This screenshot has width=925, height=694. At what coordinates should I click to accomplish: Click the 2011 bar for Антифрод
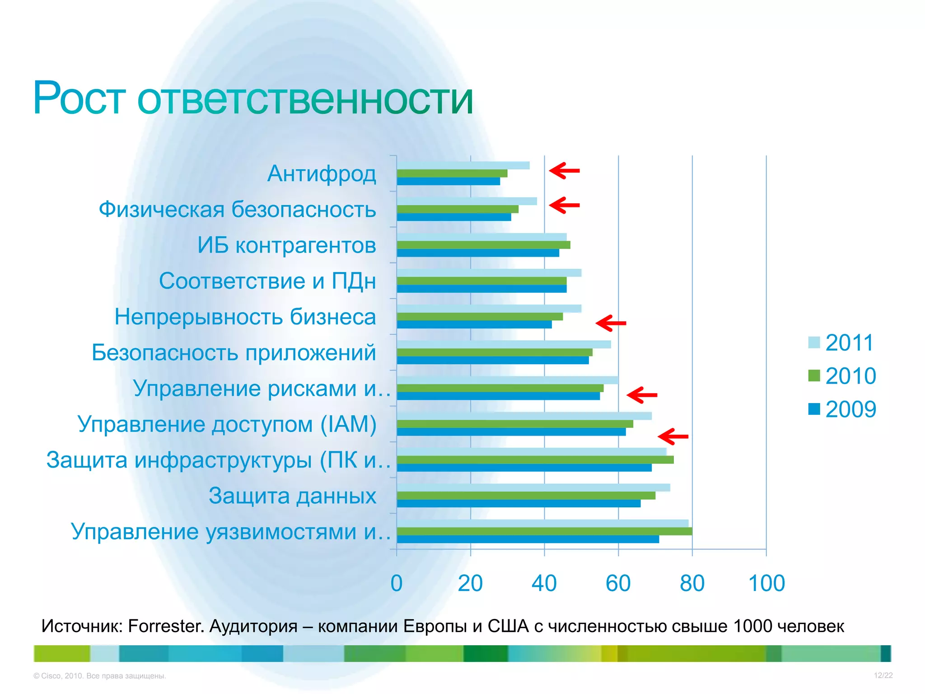pos(463,165)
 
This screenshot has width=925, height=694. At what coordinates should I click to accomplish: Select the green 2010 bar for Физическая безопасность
pos(458,209)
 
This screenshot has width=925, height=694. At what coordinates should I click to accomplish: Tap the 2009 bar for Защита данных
pos(519,503)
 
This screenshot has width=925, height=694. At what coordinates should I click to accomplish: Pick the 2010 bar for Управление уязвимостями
pos(544,531)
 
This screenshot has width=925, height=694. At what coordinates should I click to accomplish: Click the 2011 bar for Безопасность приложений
pos(504,344)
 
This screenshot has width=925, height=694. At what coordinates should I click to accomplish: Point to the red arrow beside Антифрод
pos(564,171)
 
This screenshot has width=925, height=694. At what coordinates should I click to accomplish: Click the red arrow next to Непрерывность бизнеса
pos(611,323)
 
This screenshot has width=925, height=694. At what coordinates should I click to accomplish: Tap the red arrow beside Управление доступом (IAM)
pos(673,436)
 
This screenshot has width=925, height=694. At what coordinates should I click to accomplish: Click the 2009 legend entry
pos(842,409)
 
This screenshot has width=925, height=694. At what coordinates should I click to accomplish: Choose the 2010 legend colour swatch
pos(814,375)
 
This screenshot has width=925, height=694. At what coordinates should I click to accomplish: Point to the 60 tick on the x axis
pos(618,583)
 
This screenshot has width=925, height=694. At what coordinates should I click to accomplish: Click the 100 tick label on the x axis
pos(766,583)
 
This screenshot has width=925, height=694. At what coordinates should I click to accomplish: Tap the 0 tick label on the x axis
pos(397,583)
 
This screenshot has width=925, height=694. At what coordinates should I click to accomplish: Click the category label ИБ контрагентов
pos(287,245)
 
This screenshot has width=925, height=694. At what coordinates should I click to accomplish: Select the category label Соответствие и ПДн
pos(267,281)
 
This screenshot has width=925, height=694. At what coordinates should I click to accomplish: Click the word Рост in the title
pos(79,98)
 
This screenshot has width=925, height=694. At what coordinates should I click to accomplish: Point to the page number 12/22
pos(883,675)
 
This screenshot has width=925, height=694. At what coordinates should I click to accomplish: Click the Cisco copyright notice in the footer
pos(100,676)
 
